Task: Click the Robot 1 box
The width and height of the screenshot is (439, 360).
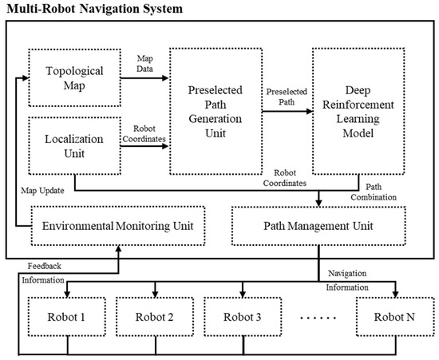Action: click(66, 317)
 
